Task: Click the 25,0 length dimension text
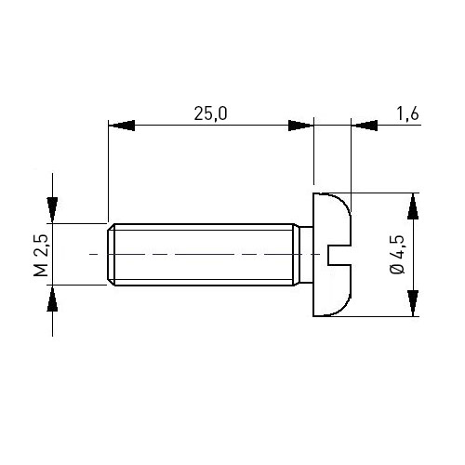210,113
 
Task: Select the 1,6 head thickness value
407,113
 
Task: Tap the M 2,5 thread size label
41,255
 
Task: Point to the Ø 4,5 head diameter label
397,255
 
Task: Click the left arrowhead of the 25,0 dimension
122,126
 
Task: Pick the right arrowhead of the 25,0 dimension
301,126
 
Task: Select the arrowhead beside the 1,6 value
365,126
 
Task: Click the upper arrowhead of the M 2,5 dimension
52,210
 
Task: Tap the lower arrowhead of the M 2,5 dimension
52,298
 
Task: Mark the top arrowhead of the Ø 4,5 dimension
413,206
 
